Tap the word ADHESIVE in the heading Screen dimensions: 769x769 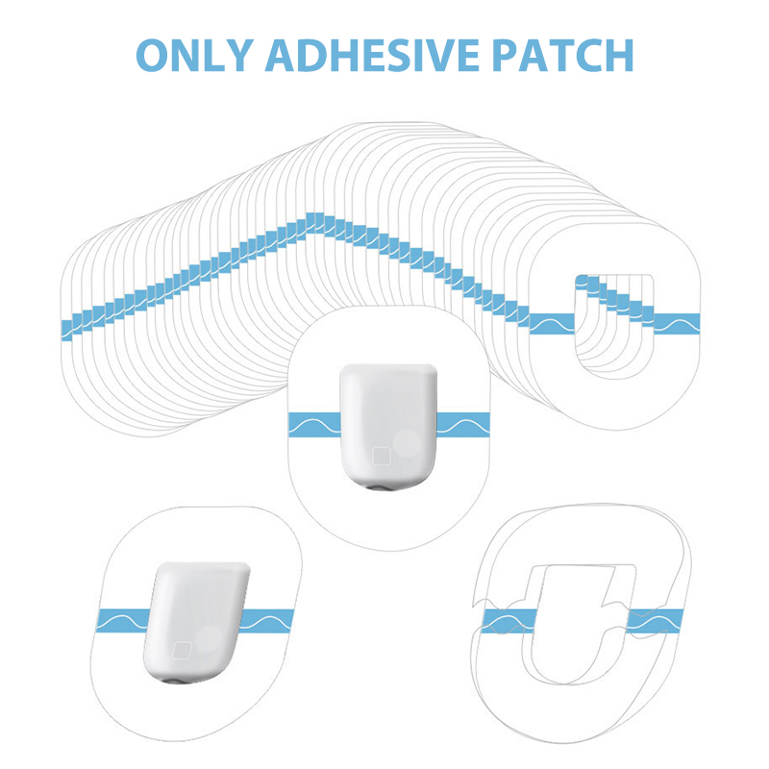click(x=372, y=55)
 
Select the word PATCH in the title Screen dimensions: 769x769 click(x=562, y=55)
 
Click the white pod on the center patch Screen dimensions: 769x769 click(x=387, y=427)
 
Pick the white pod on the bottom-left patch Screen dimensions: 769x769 click(x=197, y=623)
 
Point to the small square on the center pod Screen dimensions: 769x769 click(x=381, y=456)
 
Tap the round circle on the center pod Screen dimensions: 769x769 click(x=407, y=443)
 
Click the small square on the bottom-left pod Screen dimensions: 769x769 click(x=183, y=650)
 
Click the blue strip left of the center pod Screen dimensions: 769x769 click(x=314, y=425)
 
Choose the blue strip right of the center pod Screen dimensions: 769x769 click(x=463, y=425)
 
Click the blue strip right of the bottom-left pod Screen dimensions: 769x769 click(x=267, y=620)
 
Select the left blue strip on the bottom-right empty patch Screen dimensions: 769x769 click(x=509, y=621)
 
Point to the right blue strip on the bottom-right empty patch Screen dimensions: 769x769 click(x=656, y=621)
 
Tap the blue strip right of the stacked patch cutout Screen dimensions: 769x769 click(x=677, y=324)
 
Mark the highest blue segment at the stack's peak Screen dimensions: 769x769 click(x=314, y=222)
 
